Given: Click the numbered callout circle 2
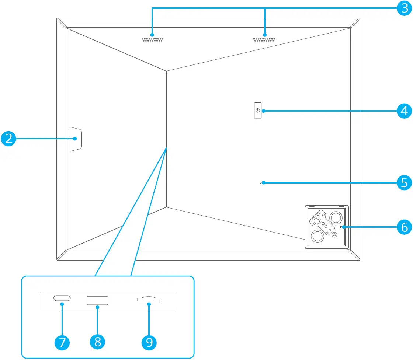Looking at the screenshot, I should [8, 139].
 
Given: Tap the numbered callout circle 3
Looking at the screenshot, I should [404, 8].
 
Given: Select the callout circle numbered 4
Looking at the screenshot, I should [404, 111].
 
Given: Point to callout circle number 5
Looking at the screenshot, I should [404, 182].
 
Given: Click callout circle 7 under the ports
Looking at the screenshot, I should [62, 342].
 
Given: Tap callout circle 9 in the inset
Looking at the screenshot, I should [149, 342].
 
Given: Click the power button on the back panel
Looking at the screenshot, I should [257, 111].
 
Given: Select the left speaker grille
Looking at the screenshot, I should [153, 39].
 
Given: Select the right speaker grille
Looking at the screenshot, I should [264, 39].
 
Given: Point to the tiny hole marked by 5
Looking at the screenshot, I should [261, 182].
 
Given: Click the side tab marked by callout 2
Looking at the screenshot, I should [75, 139].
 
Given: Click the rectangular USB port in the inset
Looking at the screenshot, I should [98, 301].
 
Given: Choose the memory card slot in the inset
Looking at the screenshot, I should [149, 299].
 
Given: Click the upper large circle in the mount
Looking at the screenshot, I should [336, 217].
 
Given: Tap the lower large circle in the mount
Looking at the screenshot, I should [317, 236].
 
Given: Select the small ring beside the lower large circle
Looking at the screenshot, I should [334, 235].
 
